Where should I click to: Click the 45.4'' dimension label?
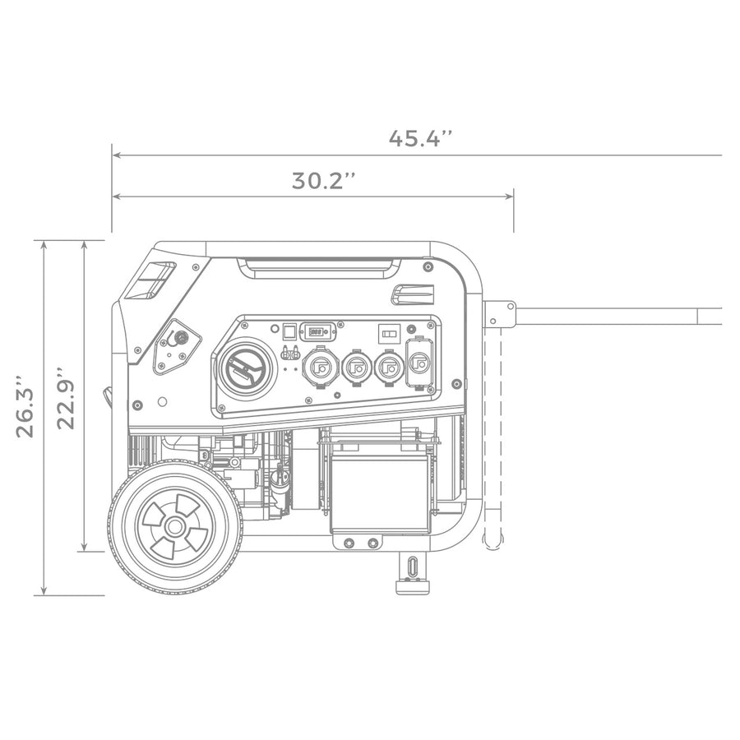coord(421,138)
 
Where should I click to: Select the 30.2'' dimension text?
coord(324,181)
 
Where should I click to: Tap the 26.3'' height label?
coord(25,406)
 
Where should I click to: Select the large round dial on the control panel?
coord(246,368)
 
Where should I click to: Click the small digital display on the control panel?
coord(317,331)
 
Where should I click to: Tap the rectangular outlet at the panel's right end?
coord(419,363)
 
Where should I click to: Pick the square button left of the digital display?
coord(289,331)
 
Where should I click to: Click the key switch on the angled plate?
coord(181,337)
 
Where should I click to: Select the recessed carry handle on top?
coord(317,267)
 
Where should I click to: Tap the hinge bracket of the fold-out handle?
coord(498,314)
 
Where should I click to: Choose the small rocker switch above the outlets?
coord(387,334)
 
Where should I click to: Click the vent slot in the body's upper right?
coord(413,294)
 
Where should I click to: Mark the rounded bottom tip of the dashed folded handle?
coord(493,543)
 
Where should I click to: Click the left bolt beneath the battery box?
coord(349,543)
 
